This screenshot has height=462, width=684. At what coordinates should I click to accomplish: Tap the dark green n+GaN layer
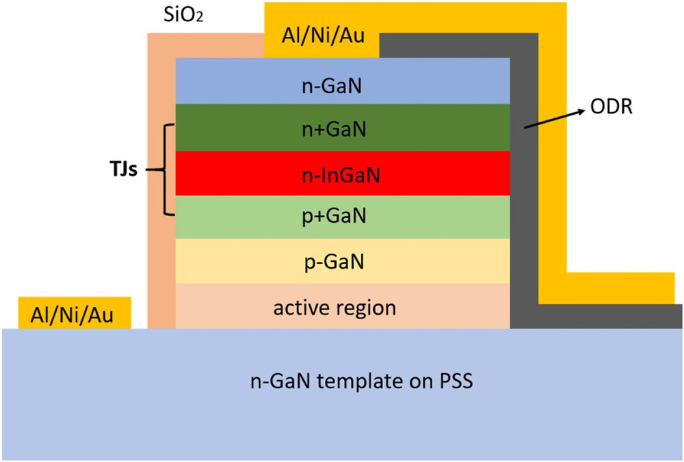[x=239, y=128]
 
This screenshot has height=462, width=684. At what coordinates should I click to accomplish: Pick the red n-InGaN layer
[x=239, y=174]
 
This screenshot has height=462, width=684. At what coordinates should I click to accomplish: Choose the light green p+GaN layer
[x=239, y=217]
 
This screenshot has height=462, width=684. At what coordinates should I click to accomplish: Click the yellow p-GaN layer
[x=239, y=262]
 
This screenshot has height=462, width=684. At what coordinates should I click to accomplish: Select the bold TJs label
[x=123, y=169]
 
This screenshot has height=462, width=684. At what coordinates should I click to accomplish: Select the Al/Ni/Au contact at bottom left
[x=72, y=314]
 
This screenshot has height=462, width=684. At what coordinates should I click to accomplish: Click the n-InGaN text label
[x=343, y=174]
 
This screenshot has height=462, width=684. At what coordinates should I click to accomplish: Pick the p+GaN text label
[x=343, y=217]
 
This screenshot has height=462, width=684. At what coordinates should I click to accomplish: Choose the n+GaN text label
[x=343, y=128]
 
